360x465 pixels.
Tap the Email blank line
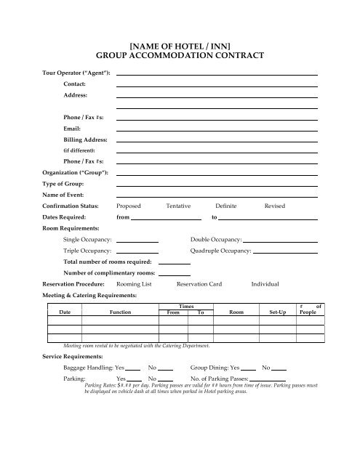click(217, 128)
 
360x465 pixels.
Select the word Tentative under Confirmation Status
click(179, 206)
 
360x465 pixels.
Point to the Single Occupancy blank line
click(137, 240)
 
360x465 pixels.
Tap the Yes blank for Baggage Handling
click(133, 370)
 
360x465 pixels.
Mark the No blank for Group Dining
click(279, 370)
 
